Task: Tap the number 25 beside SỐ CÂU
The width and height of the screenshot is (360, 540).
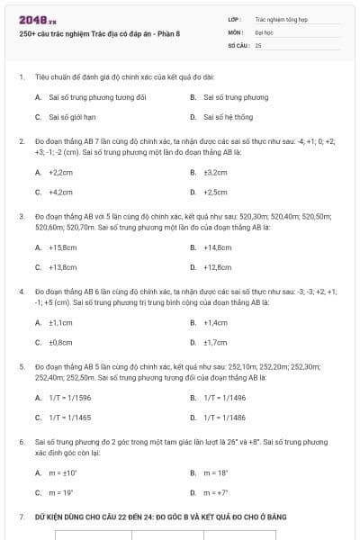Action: (x=258, y=44)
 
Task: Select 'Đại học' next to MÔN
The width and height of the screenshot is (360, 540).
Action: (x=264, y=31)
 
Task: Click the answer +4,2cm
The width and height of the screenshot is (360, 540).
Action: (x=60, y=192)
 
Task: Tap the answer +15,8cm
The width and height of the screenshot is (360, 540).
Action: (x=62, y=247)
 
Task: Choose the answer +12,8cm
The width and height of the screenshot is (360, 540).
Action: (x=218, y=267)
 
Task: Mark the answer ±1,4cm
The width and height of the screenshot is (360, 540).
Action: (x=215, y=322)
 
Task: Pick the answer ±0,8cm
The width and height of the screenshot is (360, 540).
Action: (x=60, y=342)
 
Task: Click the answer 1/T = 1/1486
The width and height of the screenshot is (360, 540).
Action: (x=224, y=418)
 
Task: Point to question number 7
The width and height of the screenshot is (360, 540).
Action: (x=22, y=517)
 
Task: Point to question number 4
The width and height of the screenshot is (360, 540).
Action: (x=22, y=292)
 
